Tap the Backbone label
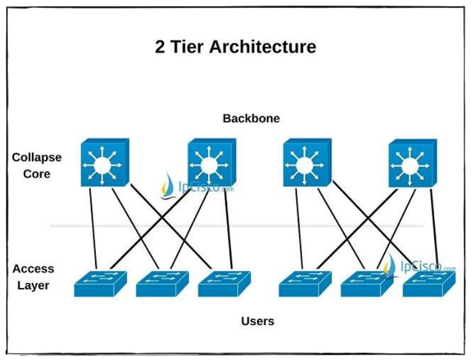click(x=251, y=118)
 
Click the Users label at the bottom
click(x=257, y=321)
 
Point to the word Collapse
click(x=37, y=157)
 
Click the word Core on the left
click(x=37, y=173)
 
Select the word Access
click(x=33, y=268)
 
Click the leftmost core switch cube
click(x=105, y=162)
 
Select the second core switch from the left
click(x=211, y=162)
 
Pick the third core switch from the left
click(x=306, y=162)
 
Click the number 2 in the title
click(x=160, y=47)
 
